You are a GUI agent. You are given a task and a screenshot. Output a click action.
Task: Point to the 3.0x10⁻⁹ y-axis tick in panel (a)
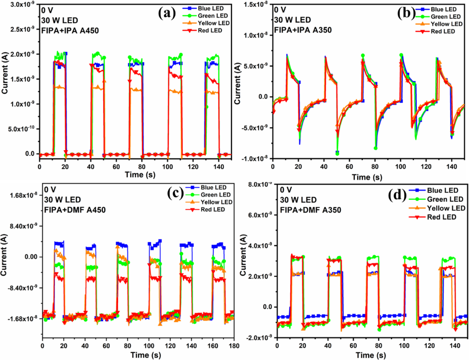21,5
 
